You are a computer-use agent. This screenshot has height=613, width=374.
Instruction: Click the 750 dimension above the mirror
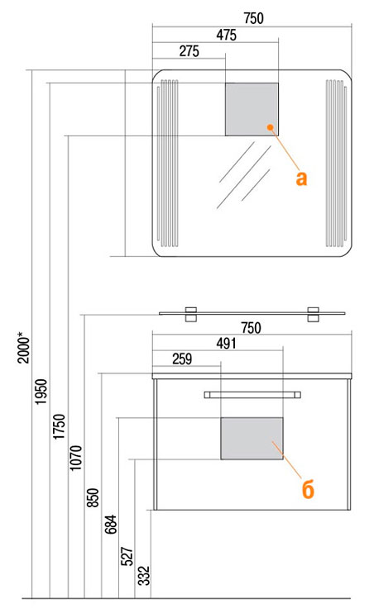coord(253,18)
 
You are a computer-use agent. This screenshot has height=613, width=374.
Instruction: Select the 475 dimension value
coord(227,35)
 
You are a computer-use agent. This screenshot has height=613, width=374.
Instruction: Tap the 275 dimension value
coord(189,51)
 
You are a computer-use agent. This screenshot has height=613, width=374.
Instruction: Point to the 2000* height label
coord(23,348)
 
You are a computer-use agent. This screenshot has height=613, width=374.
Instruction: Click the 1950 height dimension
coord(41,392)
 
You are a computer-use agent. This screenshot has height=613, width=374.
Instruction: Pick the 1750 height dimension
coord(59,426)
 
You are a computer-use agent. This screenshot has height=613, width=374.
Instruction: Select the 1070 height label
coord(75,458)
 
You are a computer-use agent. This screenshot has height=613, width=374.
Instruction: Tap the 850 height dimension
coord(93,497)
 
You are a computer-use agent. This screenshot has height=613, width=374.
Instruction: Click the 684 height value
coord(110,525)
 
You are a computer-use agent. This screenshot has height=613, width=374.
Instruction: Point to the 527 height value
coord(127,556)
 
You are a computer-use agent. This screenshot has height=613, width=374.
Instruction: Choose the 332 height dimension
coord(144,576)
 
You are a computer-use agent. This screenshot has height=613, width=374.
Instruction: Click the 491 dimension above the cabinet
coord(227,343)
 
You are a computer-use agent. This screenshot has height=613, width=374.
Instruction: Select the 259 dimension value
coord(182,359)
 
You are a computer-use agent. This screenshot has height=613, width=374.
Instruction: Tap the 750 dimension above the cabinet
coord(251,328)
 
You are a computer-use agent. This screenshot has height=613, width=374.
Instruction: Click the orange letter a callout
coord(301,178)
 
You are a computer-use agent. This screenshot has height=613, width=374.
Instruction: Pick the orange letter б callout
coord(308,489)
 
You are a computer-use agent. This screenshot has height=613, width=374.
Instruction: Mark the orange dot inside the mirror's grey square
coord(270,126)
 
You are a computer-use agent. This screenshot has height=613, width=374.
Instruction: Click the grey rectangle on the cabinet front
coord(252,438)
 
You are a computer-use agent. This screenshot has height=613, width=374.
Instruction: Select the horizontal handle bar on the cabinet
coord(252,395)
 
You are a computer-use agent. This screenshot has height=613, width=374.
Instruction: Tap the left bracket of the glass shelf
coord(190,314)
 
